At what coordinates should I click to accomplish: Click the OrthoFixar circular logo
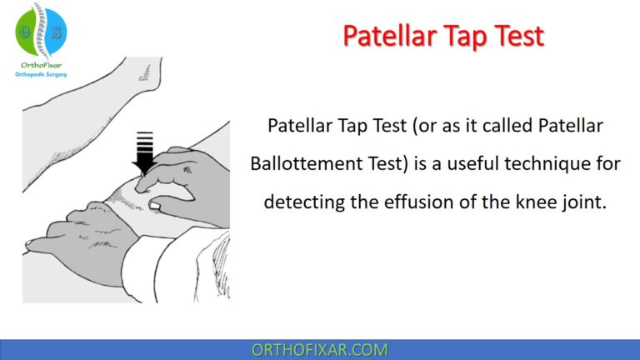tap(40, 30)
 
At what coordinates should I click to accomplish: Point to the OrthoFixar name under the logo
tap(41, 63)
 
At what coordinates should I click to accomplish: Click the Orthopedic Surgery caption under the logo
tap(41, 74)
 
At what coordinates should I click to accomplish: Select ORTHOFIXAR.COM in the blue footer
tap(319, 349)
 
